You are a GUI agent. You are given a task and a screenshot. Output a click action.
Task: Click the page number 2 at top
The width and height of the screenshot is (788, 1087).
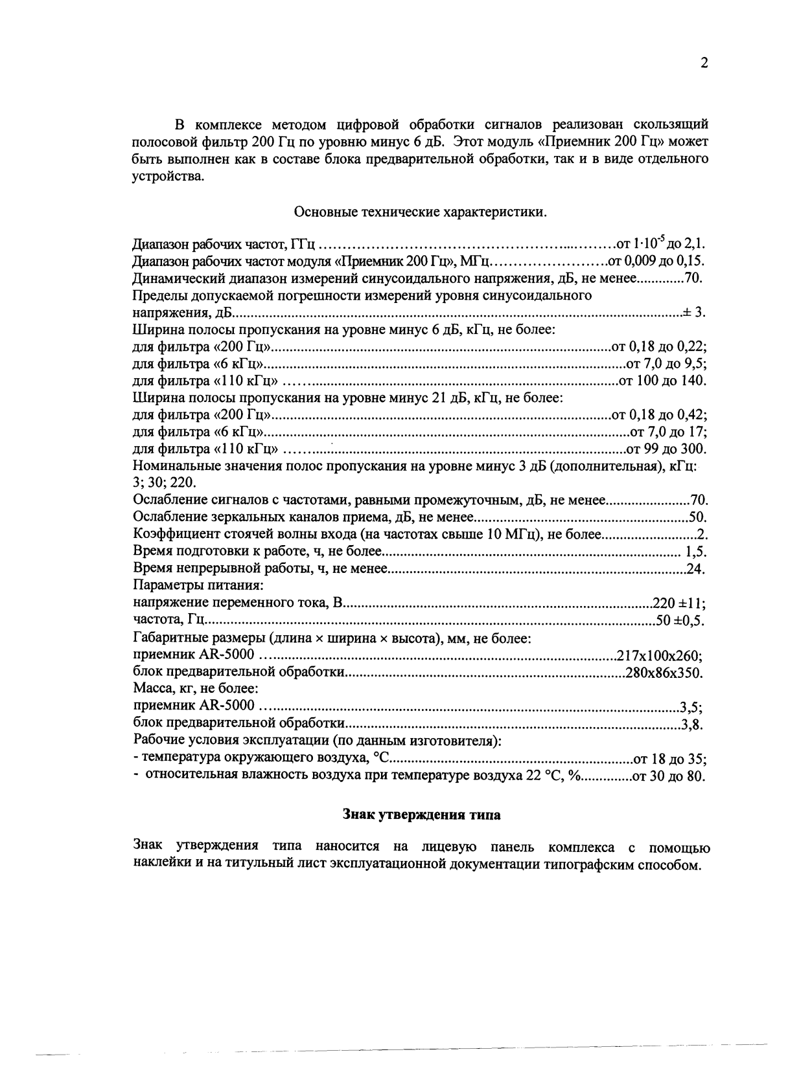click(x=704, y=63)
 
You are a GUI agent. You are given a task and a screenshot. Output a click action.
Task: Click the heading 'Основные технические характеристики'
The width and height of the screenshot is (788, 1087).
click(x=421, y=212)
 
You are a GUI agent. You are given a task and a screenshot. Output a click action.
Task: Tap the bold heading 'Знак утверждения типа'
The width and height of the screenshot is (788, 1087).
click(x=421, y=814)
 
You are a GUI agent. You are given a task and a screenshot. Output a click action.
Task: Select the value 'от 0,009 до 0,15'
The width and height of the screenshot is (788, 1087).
click(x=655, y=262)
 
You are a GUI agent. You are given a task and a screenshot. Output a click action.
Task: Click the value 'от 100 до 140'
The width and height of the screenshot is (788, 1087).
click(x=662, y=381)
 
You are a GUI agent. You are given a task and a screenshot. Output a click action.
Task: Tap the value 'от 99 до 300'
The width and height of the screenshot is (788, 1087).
click(x=665, y=449)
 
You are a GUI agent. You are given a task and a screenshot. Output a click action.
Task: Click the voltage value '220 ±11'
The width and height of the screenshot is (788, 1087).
click(x=678, y=604)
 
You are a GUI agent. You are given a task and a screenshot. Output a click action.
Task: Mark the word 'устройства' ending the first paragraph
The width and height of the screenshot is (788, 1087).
click(x=167, y=177)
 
